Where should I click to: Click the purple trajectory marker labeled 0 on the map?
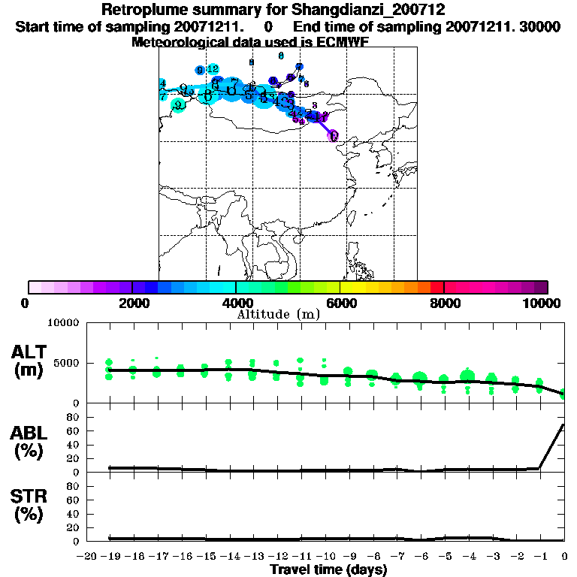[x=334, y=135]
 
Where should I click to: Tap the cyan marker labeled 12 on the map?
[x=213, y=69]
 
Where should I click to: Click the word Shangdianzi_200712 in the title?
[x=364, y=11]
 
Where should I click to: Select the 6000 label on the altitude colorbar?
[x=341, y=304]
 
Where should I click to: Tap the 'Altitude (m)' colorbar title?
[x=278, y=314]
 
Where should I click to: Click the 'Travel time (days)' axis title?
[x=328, y=569]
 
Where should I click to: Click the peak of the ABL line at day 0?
[x=563, y=424]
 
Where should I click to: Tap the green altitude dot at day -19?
[x=110, y=363]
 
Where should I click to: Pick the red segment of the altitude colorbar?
[x=436, y=287]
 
